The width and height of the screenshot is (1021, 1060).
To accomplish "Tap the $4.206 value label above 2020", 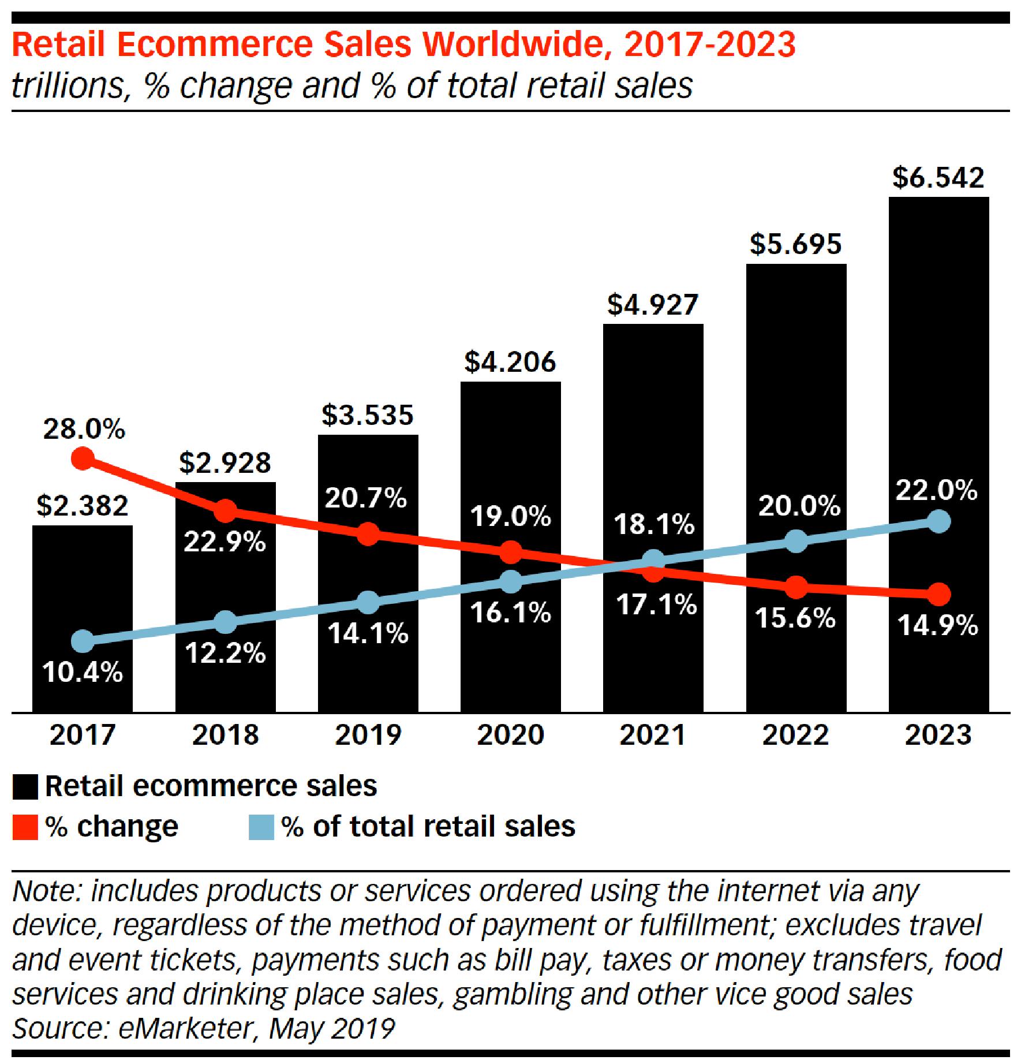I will click(x=510, y=362).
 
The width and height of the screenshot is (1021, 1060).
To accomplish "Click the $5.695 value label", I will click(x=795, y=244).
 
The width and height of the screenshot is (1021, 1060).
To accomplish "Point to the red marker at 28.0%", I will click(x=83, y=459).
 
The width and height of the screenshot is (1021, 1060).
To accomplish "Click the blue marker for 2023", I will click(x=938, y=522).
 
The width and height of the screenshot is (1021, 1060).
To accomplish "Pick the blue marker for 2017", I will click(x=83, y=640).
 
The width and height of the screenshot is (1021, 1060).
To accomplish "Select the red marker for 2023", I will click(x=938, y=594).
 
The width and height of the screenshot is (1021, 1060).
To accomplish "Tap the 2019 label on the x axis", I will click(x=368, y=735).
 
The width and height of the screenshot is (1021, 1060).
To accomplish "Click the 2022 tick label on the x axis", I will click(x=795, y=735).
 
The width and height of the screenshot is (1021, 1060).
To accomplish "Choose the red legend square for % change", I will click(x=25, y=827).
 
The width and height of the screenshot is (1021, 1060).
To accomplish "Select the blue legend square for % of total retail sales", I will click(x=261, y=827).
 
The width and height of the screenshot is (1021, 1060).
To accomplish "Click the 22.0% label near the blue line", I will click(x=936, y=491).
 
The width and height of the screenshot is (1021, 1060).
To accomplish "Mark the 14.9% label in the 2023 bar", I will click(x=938, y=625).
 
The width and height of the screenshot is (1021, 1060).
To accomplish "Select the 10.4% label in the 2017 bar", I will click(x=83, y=672).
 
